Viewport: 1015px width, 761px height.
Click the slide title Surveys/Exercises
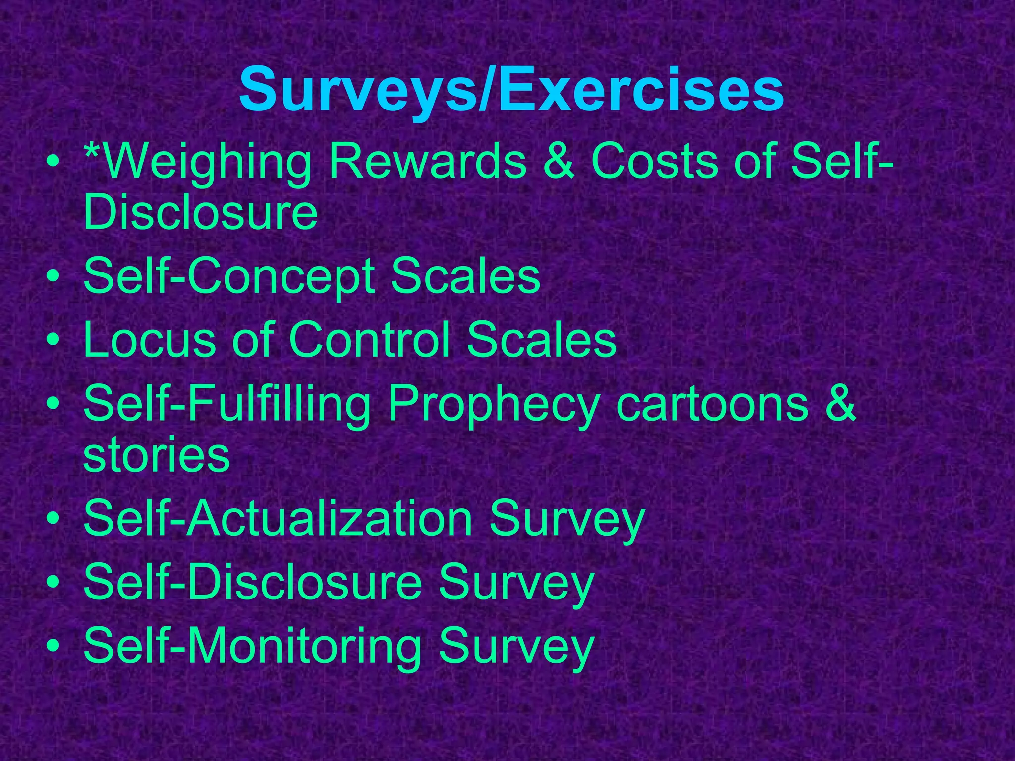(x=511, y=91)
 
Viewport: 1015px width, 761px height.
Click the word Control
(x=370, y=339)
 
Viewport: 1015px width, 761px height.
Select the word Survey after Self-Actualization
(x=567, y=519)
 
